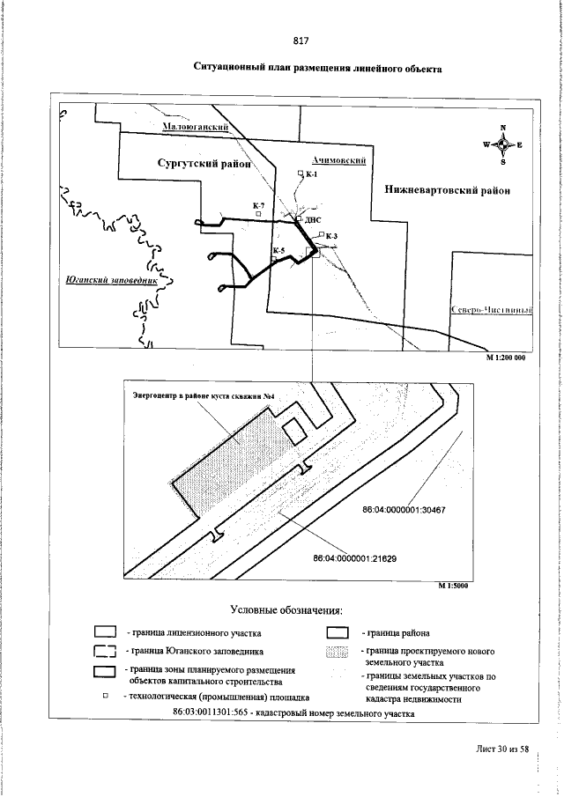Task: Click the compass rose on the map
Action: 502,145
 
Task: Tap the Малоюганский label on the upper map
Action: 197,127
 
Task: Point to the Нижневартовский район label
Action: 448,189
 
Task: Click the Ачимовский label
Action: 338,159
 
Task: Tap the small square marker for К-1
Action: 301,176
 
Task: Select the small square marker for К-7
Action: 257,213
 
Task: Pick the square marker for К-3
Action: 321,236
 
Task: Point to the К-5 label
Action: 278,250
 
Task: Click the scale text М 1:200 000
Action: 506,358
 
